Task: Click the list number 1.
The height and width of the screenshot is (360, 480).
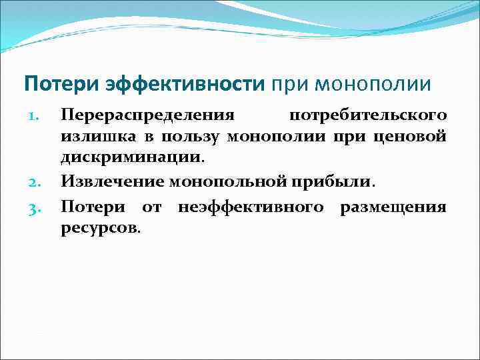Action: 39,115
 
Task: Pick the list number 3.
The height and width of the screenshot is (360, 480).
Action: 38,207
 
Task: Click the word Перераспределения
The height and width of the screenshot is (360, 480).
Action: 147,115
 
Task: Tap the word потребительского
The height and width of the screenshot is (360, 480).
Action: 377,115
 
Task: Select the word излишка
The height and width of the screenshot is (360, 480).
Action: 91,137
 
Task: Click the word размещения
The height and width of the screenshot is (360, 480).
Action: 393,207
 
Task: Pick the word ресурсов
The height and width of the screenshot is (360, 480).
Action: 100,229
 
